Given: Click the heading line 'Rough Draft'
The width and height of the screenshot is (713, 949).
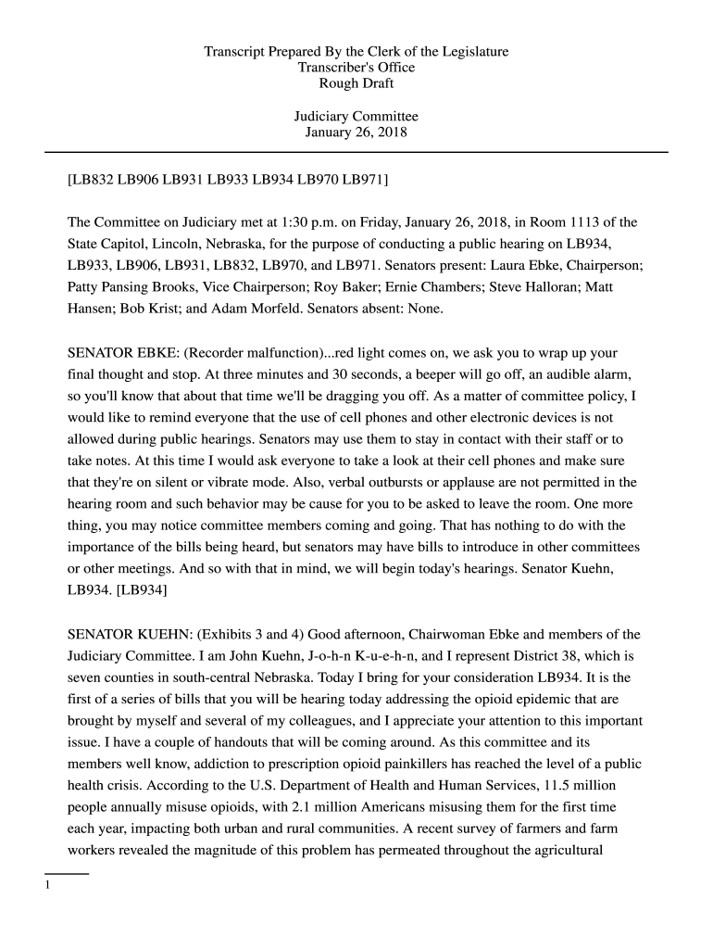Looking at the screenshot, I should (x=356, y=83).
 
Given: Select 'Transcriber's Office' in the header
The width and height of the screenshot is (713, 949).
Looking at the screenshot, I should (x=356, y=68).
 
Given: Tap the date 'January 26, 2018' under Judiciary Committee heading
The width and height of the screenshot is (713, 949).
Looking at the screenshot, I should (x=356, y=133).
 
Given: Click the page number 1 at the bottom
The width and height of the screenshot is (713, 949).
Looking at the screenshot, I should (x=47, y=885).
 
